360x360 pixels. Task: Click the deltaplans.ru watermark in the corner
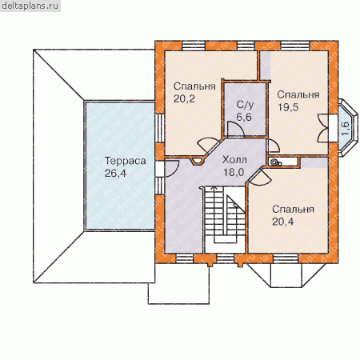point(30,6)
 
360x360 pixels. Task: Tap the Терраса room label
point(125,161)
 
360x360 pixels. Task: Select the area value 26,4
point(115,174)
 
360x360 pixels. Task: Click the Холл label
point(234,160)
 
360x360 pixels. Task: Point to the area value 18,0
point(234,172)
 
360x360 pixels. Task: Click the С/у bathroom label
point(245,105)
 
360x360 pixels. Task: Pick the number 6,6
point(244,117)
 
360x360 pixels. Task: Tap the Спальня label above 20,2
point(194,86)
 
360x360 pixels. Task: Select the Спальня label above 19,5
point(298,95)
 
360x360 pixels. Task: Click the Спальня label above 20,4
point(293,210)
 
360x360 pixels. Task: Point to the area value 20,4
point(283,222)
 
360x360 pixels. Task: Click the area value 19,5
point(288,107)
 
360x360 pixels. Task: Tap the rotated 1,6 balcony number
point(345,128)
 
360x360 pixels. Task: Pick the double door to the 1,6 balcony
point(323,128)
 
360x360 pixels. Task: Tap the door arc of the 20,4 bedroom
point(262,177)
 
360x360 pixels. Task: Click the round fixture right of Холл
point(274,162)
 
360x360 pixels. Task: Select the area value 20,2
point(184,99)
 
